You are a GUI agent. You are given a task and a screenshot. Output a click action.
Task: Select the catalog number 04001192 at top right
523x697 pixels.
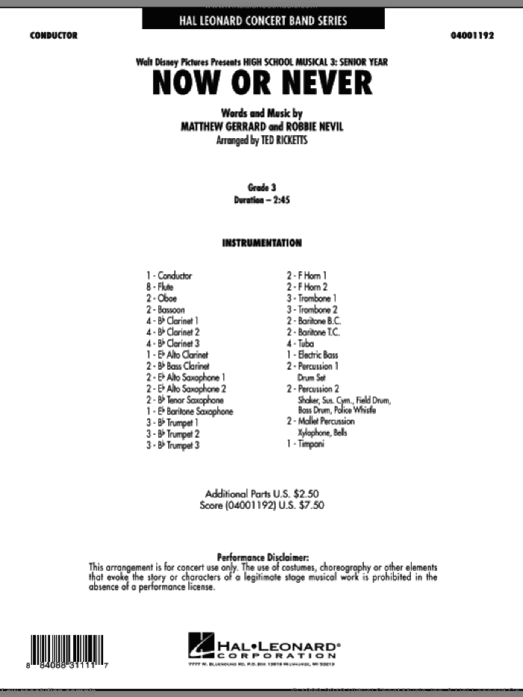pyautogui.click(x=470, y=35)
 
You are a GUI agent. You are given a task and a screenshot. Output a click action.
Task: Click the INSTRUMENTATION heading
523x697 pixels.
pyautogui.click(x=261, y=243)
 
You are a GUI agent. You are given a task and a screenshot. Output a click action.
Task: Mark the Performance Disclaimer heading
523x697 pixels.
pyautogui.click(x=261, y=557)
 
